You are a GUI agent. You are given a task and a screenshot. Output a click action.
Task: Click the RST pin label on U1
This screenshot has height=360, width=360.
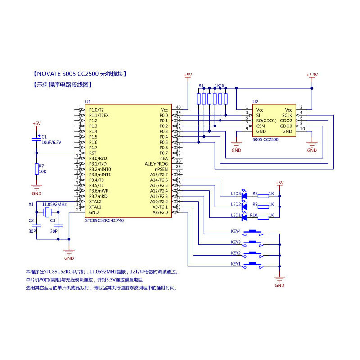(x=93, y=153)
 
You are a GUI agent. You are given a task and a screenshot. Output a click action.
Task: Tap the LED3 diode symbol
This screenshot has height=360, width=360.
(x=245, y=196)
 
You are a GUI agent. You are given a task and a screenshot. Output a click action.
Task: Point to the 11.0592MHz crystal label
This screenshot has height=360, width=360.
(x=54, y=204)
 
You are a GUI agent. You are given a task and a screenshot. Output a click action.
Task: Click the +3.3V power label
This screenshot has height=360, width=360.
(x=311, y=75)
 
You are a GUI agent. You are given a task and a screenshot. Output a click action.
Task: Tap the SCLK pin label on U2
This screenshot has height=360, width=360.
(x=287, y=115)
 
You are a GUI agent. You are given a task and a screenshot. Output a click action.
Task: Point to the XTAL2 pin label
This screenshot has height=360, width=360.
(x=95, y=202)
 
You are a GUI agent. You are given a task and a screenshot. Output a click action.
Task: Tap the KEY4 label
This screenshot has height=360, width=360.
(x=236, y=232)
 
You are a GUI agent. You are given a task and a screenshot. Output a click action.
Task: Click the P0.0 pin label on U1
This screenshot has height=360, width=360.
(x=163, y=115)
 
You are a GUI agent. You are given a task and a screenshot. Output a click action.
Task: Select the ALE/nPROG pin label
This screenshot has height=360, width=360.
(x=156, y=164)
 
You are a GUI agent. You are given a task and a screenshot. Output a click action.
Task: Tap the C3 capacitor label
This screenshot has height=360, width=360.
(x=53, y=220)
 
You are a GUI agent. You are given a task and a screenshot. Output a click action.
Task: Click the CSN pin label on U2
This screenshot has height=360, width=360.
(x=261, y=126)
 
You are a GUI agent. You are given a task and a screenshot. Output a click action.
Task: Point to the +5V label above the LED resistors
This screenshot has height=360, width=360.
(x=279, y=183)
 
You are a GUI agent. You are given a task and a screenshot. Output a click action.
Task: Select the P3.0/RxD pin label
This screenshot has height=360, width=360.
(x=98, y=158)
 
